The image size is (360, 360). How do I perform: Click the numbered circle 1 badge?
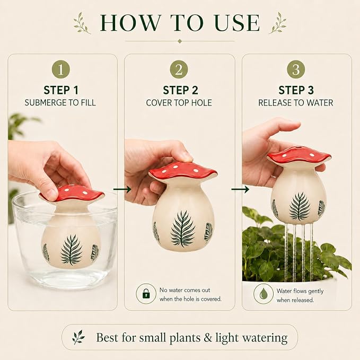61,69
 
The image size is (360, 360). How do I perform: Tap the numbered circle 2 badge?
179,69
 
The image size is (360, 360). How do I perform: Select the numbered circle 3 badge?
296,69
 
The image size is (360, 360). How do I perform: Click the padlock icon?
146,294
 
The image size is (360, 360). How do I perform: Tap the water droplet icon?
264,294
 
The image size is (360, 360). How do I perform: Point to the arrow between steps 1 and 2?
122,189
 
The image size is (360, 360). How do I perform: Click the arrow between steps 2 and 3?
240,189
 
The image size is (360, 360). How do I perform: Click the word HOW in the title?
130,22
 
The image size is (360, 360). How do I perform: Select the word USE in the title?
238,22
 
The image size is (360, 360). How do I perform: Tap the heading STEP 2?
180,90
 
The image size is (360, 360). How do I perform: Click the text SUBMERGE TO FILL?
60,103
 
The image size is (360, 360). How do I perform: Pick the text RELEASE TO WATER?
296,103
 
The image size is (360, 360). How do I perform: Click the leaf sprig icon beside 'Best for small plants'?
78,337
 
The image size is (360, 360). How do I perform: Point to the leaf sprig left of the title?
82,23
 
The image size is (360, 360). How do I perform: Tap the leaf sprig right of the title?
278,23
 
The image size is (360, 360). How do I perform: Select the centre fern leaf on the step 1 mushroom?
71,250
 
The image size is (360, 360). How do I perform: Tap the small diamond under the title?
180,41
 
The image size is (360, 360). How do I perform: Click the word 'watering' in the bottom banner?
265,338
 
